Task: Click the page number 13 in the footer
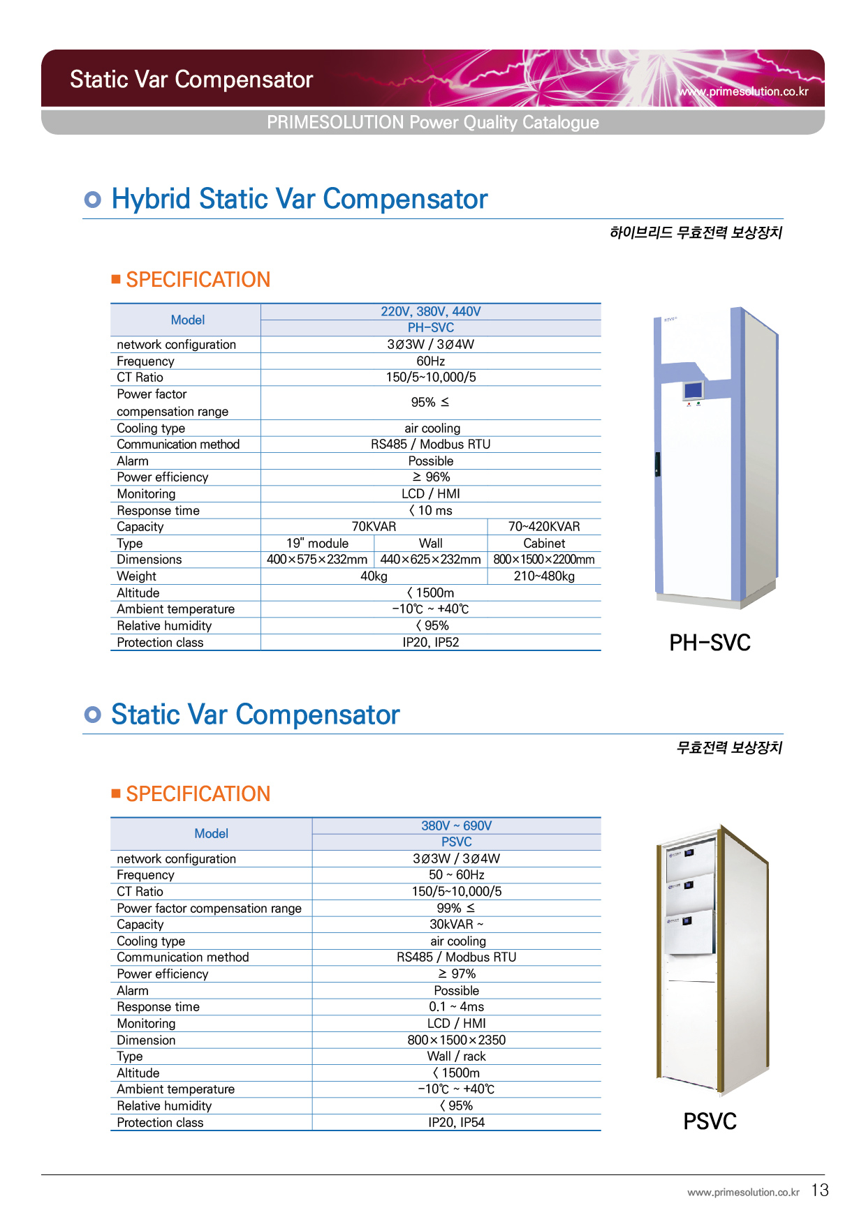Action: coord(820,1190)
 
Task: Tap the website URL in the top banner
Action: coord(743,91)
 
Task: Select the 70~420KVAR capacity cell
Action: coord(544,527)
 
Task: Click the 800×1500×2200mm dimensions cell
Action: coord(544,560)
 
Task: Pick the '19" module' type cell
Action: coord(317,544)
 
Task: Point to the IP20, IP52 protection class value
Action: coord(431,643)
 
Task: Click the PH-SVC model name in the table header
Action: coord(431,328)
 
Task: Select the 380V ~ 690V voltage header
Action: coord(457,826)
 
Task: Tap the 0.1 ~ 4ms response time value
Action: coord(457,1007)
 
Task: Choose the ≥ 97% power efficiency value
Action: coord(457,974)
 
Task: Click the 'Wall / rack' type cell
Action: coord(457,1057)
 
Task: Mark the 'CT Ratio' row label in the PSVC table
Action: coord(140,892)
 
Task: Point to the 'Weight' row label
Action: coord(137,576)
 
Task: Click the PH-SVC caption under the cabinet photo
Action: coord(710,643)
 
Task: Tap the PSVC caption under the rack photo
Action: coord(710,1121)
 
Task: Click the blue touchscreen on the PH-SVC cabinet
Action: coord(693,390)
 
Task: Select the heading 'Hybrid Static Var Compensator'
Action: coord(300,199)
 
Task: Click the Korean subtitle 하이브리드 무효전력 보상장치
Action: coord(696,232)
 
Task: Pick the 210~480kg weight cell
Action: coord(544,576)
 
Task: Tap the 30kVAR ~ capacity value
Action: coord(457,925)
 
